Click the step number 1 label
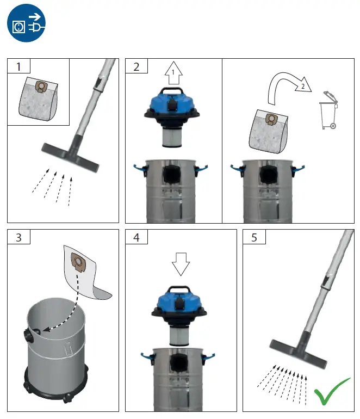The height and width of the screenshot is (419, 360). pyautogui.click(x=19, y=66)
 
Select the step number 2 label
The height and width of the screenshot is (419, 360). pyautogui.click(x=136, y=66)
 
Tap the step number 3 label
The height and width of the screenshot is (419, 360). pyautogui.click(x=19, y=237)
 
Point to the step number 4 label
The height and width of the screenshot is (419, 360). pyautogui.click(x=136, y=237)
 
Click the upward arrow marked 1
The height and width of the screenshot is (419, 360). pyautogui.click(x=173, y=72)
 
